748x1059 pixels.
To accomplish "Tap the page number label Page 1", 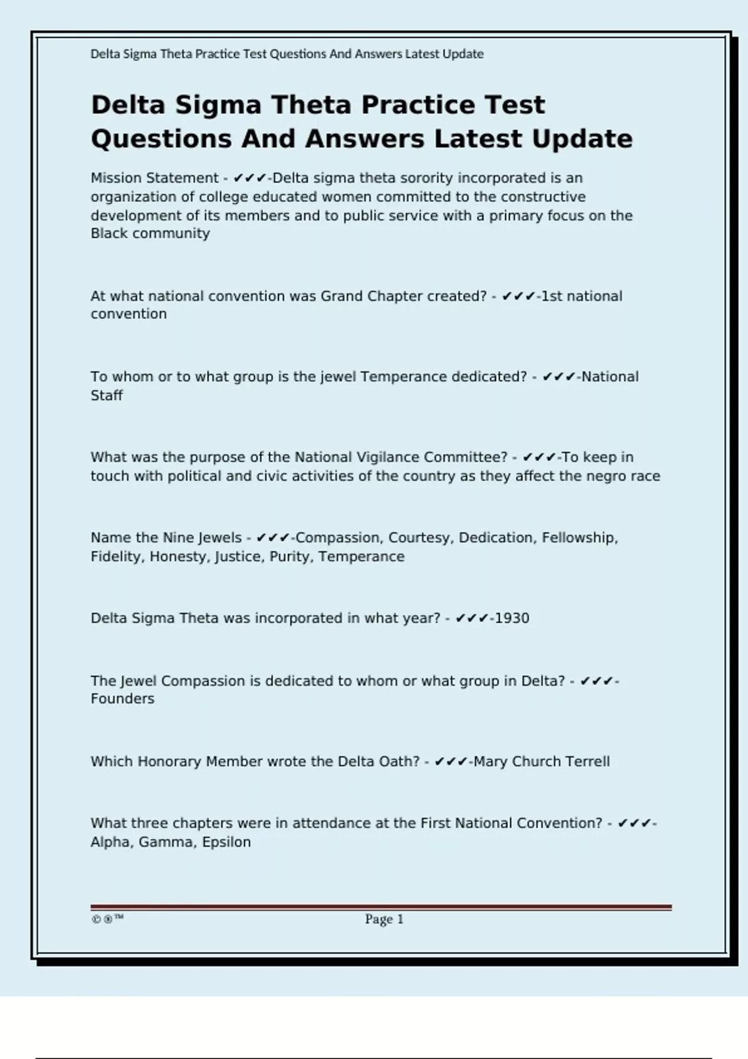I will click(384, 919).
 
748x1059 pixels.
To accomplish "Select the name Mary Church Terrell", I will click(542, 762).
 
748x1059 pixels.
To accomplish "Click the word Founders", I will click(122, 699).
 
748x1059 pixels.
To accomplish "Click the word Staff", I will click(107, 396).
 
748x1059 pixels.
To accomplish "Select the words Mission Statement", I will click(155, 178).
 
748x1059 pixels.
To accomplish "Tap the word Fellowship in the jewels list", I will click(579, 538).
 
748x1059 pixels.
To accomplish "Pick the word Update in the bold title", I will click(582, 139).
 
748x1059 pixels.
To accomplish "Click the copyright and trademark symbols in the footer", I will click(107, 919).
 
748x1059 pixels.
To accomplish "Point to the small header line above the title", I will click(287, 54).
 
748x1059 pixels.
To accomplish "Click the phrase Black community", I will click(150, 234).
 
